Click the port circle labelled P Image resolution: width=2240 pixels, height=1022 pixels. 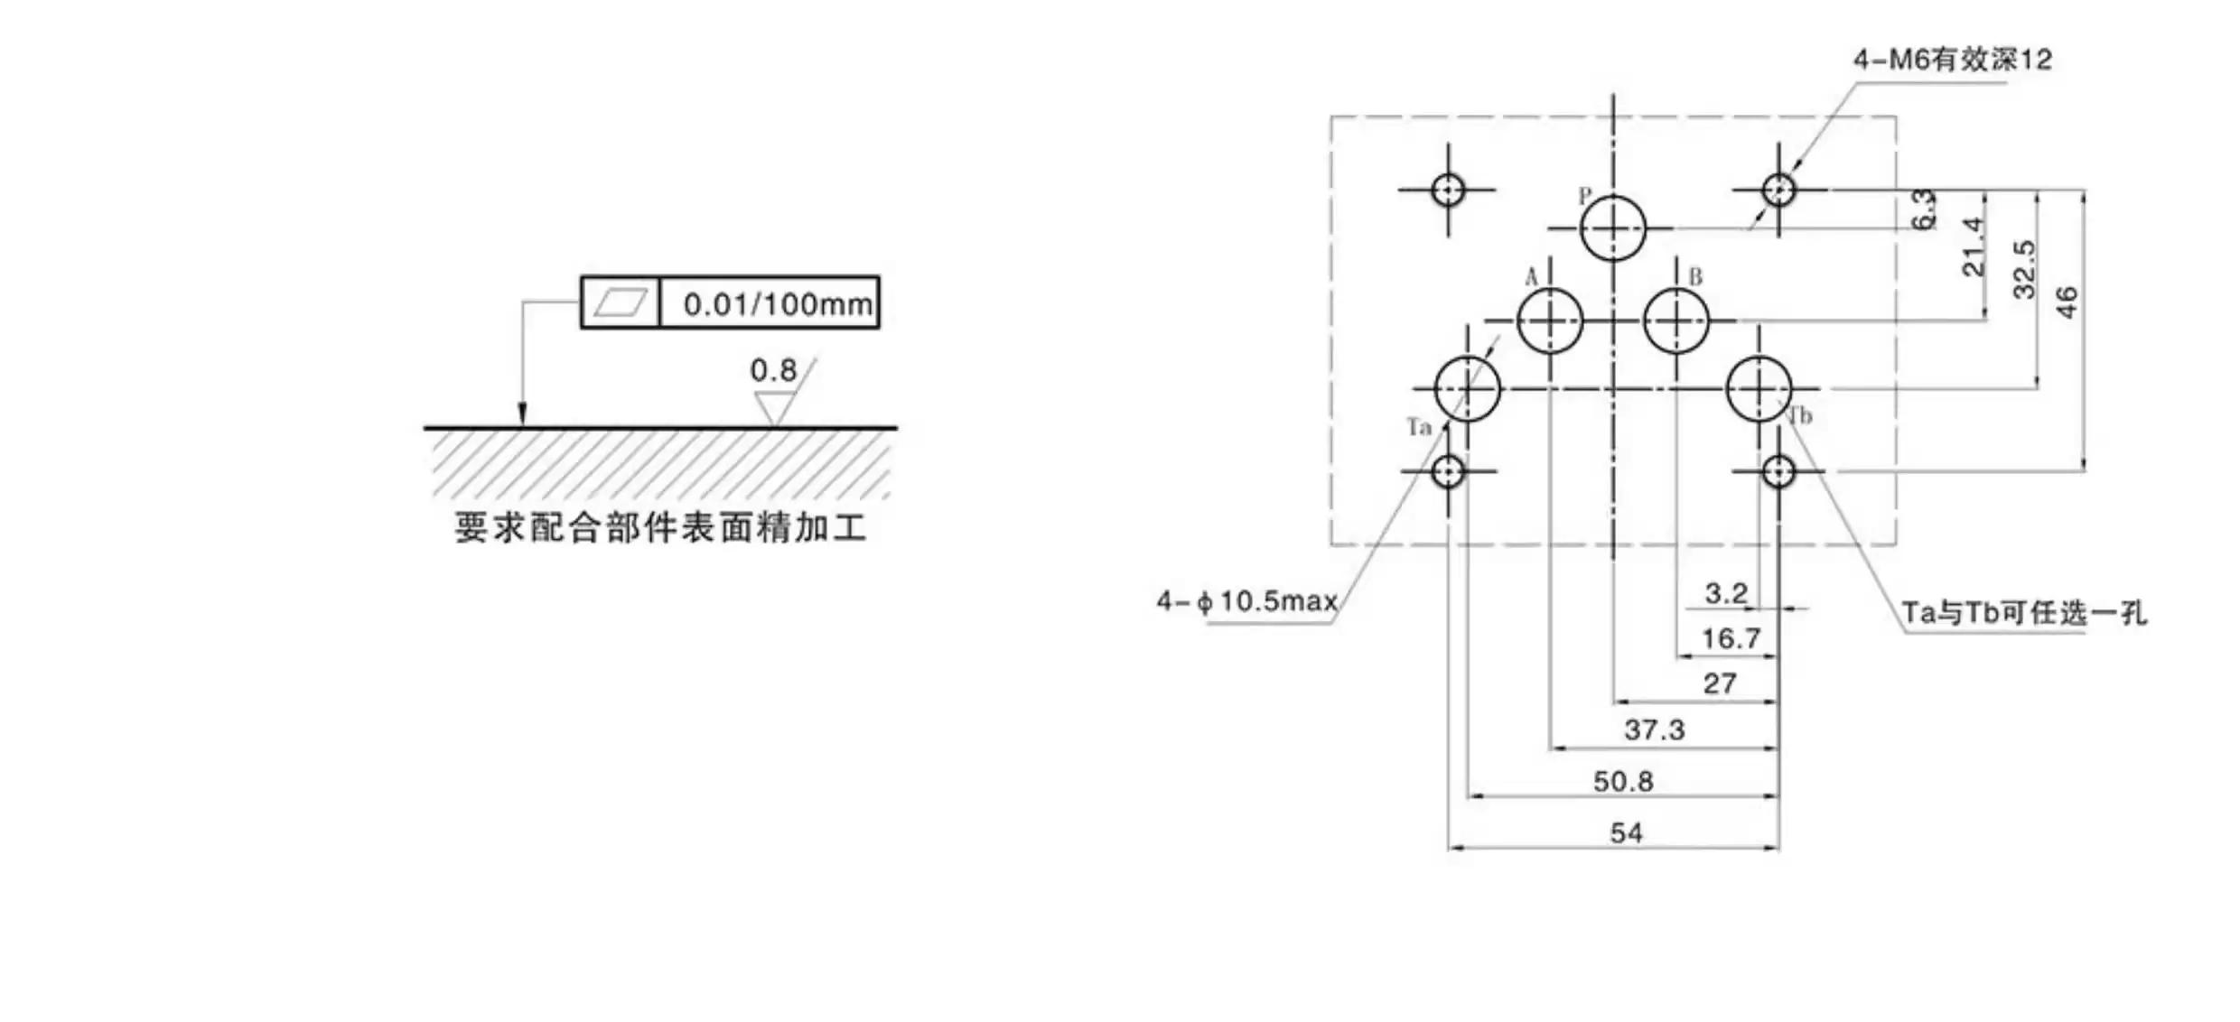(x=1613, y=228)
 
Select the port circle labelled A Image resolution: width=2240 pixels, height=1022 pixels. (x=1550, y=321)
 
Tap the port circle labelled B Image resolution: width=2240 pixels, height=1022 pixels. (x=1676, y=321)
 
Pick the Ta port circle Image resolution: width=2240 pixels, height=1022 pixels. (x=1468, y=389)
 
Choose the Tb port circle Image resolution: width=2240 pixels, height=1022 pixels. (x=1759, y=389)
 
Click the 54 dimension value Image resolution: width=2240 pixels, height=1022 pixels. (x=1627, y=832)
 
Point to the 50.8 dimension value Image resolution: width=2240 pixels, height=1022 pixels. (x=1623, y=781)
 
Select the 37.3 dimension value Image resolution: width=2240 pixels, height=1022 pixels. (x=1655, y=729)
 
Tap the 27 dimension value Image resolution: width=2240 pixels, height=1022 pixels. (x=1720, y=683)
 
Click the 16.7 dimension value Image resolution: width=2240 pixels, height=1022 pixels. (x=1731, y=638)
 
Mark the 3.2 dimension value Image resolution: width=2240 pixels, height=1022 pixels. (x=1726, y=593)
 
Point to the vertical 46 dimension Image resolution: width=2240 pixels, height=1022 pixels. (x=2067, y=302)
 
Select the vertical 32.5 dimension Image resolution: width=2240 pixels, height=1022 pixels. (x=2024, y=269)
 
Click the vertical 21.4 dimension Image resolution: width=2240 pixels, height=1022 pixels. (x=1974, y=246)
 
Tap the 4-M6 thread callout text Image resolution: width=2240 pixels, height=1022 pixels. (x=1953, y=60)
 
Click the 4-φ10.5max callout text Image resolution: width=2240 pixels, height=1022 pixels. (x=1247, y=601)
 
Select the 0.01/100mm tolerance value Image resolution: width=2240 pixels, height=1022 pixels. (x=778, y=304)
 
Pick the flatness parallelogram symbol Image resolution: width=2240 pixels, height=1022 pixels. (x=621, y=302)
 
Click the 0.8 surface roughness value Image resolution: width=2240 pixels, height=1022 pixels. (x=773, y=370)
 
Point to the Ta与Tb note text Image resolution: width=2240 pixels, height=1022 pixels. (x=2024, y=613)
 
